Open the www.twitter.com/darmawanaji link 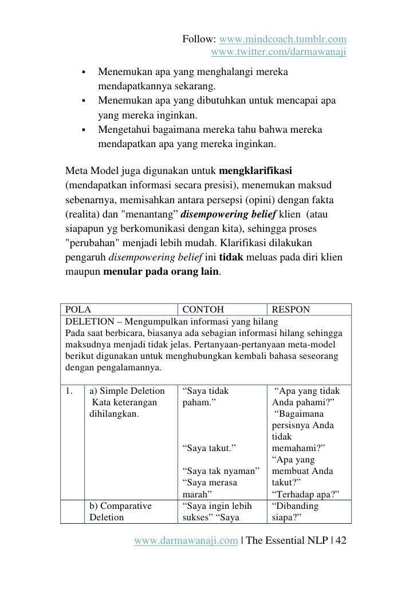[279, 53]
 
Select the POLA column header [79, 310]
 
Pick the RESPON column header [290, 310]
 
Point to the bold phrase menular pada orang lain [161, 272]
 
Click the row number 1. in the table [70, 392]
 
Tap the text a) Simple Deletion [127, 392]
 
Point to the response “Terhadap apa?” [304, 494]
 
